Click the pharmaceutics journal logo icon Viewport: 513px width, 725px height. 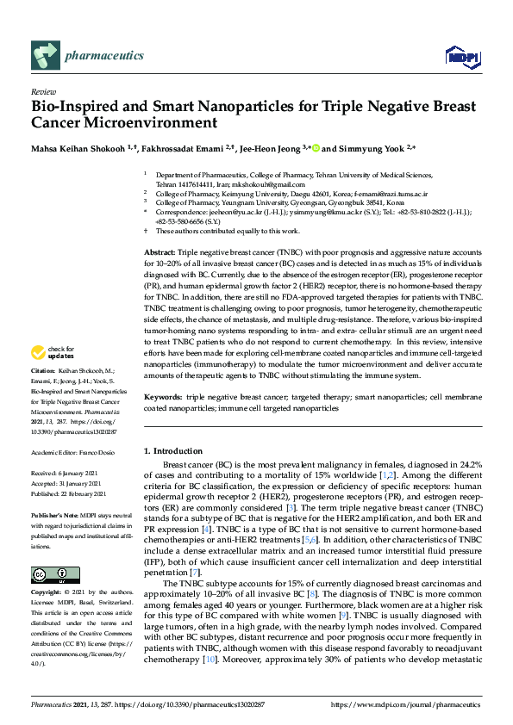tap(44, 56)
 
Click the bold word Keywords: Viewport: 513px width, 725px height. tap(162, 398)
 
